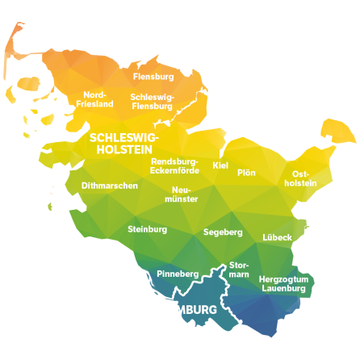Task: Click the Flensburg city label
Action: [153, 77]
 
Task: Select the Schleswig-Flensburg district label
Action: [152, 101]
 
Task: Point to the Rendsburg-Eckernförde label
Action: [174, 165]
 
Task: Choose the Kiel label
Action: [220, 165]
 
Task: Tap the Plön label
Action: [247, 173]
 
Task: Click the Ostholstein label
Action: [300, 178]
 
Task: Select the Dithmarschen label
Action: [110, 186]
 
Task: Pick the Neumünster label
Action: [181, 194]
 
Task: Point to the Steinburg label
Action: [148, 229]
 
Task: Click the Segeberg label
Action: [223, 232]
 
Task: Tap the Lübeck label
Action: [277, 238]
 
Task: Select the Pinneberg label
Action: [178, 274]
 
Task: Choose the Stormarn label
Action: [239, 270]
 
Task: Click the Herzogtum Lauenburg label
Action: [284, 283]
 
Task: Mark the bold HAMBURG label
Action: [188, 310]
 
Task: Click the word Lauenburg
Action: [284, 288]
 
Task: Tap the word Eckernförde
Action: [174, 170]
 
